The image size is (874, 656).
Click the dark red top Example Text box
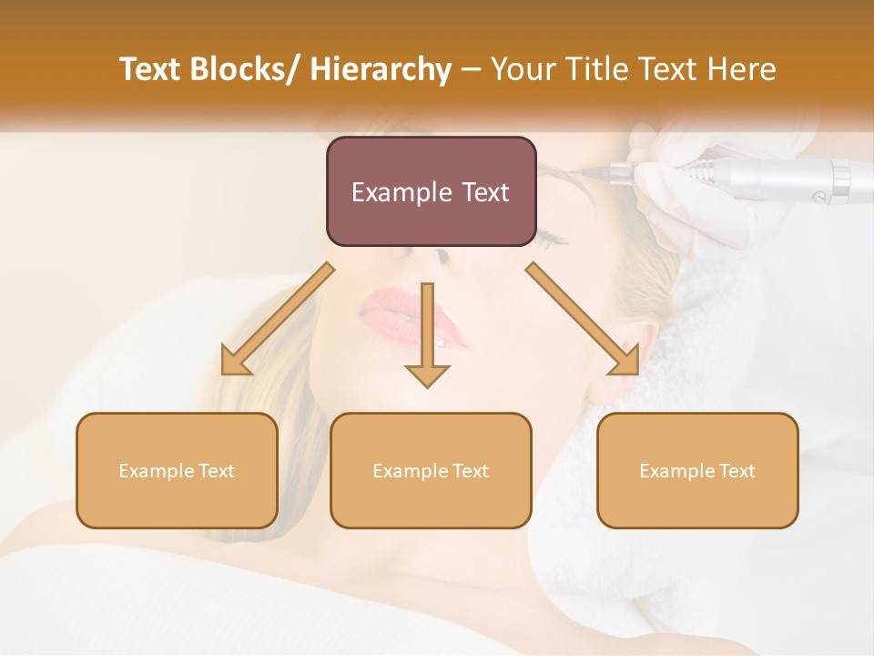coord(431,191)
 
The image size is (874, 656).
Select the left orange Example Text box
coord(177,470)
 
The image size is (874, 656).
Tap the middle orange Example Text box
coord(431,470)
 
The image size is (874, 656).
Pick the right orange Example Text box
coord(697,470)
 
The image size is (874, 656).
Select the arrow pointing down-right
coord(583,319)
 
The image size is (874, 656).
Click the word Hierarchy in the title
coord(380,69)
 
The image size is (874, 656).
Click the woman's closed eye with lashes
coord(551,239)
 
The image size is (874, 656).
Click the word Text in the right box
coord(737,470)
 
